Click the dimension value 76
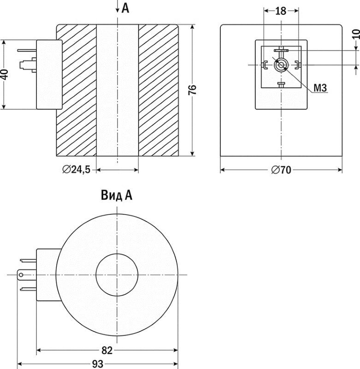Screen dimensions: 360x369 coord(192,89)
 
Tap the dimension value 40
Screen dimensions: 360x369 coord(5,74)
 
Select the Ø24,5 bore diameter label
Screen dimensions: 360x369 coord(77,169)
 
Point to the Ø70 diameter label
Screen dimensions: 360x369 coord(281,170)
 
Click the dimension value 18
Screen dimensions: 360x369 coord(281,11)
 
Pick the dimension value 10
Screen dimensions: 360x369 coord(356,34)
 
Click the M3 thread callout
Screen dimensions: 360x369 coord(320,88)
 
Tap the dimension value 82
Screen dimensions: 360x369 coord(107,351)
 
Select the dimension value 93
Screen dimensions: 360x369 coord(97,364)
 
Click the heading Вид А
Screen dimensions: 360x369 coord(117,195)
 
